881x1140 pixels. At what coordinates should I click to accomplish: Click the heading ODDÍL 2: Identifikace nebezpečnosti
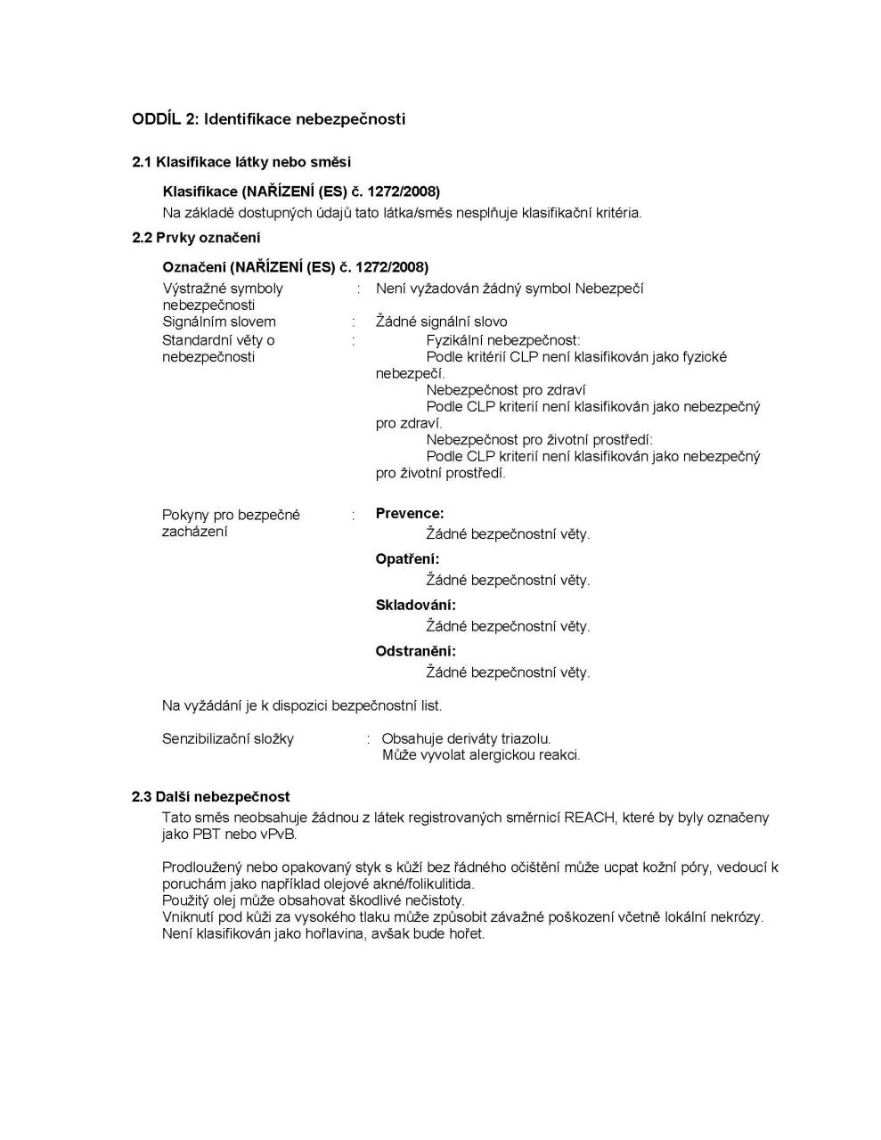[x=268, y=118]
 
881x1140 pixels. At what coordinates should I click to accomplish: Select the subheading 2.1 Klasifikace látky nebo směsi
[x=241, y=162]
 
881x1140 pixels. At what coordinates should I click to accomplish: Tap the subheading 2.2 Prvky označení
[x=196, y=238]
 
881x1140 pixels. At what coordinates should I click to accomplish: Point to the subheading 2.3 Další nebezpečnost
[x=211, y=796]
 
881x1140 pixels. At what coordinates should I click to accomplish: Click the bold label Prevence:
[x=410, y=514]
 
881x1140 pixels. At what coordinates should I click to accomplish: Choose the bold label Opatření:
[x=407, y=559]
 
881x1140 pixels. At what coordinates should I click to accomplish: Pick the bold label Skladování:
[x=415, y=606]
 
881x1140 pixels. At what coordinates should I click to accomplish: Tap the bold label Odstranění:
[x=415, y=651]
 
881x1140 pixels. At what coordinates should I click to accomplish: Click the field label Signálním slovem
[x=219, y=322]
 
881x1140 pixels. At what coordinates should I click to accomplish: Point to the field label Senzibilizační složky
[x=228, y=738]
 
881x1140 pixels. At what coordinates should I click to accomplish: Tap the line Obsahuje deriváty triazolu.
[x=466, y=738]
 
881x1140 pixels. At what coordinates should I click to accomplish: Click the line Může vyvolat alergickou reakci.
[x=481, y=755]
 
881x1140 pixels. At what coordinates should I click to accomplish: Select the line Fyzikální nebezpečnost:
[x=503, y=339]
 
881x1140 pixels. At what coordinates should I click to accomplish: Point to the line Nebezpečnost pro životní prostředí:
[x=540, y=439]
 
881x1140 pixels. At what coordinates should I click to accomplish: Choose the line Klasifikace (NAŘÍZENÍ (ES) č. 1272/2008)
[x=301, y=191]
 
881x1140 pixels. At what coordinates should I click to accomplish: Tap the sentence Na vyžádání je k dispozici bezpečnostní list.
[x=302, y=705]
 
